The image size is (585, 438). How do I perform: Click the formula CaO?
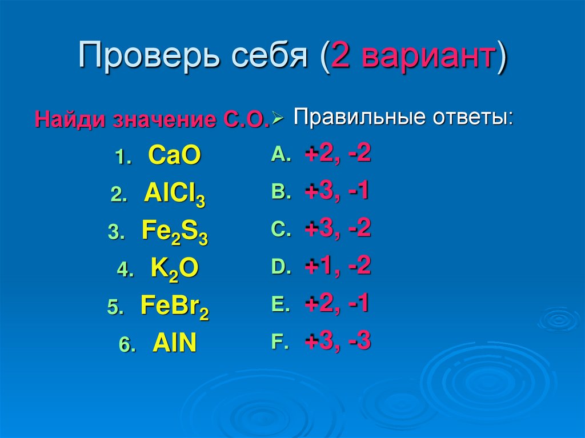tap(174, 155)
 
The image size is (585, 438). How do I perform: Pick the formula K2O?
tap(174, 269)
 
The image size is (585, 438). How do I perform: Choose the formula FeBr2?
tap(174, 307)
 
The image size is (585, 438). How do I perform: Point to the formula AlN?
tap(174, 344)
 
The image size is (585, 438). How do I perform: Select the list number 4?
tap(124, 271)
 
